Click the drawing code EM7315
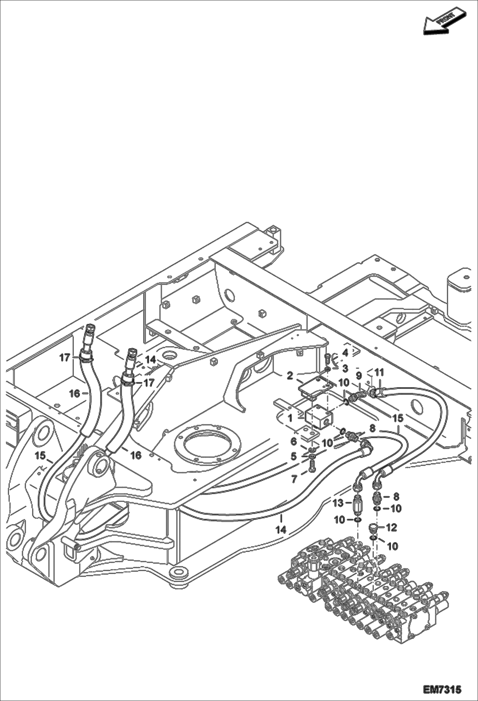coord(442,689)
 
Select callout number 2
coord(290,376)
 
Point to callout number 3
coord(345,368)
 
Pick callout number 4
coord(345,353)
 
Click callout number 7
coord(294,479)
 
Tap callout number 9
coord(359,375)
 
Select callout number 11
coord(379,373)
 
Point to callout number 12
coord(392,527)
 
